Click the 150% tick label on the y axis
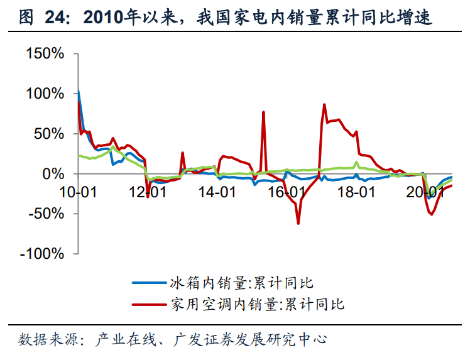[45, 54]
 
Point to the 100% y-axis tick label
[45, 94]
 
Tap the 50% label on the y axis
[50, 134]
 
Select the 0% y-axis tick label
[54, 173]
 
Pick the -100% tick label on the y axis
[43, 254]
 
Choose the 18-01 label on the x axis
[356, 192]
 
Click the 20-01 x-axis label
[425, 192]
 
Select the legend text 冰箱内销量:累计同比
[242, 283]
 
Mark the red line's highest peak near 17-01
[324, 104]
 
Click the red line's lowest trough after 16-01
[298, 223]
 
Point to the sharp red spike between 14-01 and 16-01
[264, 112]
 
